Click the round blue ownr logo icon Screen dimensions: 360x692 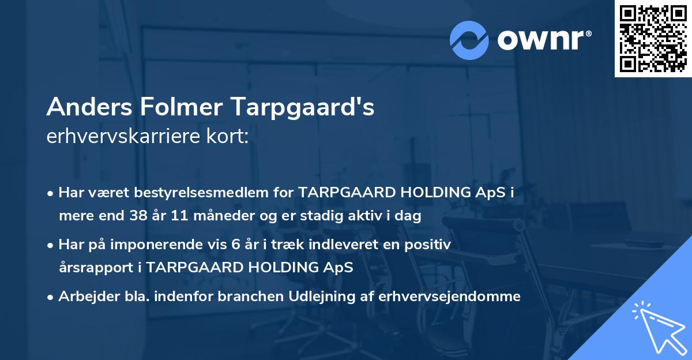(469, 40)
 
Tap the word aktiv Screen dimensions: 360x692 (379, 216)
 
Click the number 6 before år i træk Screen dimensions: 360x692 (235, 245)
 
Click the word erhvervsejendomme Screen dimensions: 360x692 (450, 297)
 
